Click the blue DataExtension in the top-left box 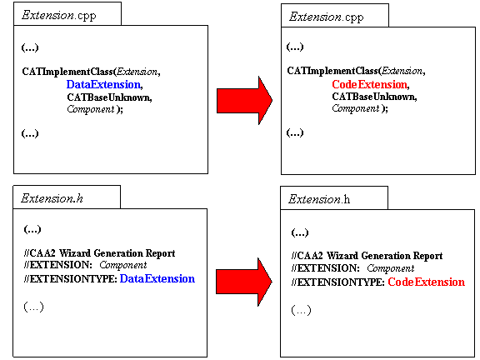coord(104,84)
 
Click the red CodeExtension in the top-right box coord(370,84)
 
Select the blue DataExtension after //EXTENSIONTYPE coord(157,278)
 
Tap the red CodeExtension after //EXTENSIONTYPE coord(426,282)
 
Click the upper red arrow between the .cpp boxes coord(244,100)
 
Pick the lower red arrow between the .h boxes coord(243,282)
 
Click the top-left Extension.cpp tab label coord(59,15)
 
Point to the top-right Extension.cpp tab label coord(326,17)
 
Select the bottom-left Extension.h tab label coord(52,198)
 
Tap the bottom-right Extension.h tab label coord(319,200)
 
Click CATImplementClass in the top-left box coord(67,72)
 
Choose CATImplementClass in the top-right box coord(332,71)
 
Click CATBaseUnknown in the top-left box coord(108,97)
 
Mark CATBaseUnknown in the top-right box coord(374,97)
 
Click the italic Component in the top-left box coord(91,109)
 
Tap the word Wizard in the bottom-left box coord(75,253)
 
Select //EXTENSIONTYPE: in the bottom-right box coord(338,282)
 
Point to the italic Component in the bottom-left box coord(123,265)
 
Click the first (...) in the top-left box coord(30,47)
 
